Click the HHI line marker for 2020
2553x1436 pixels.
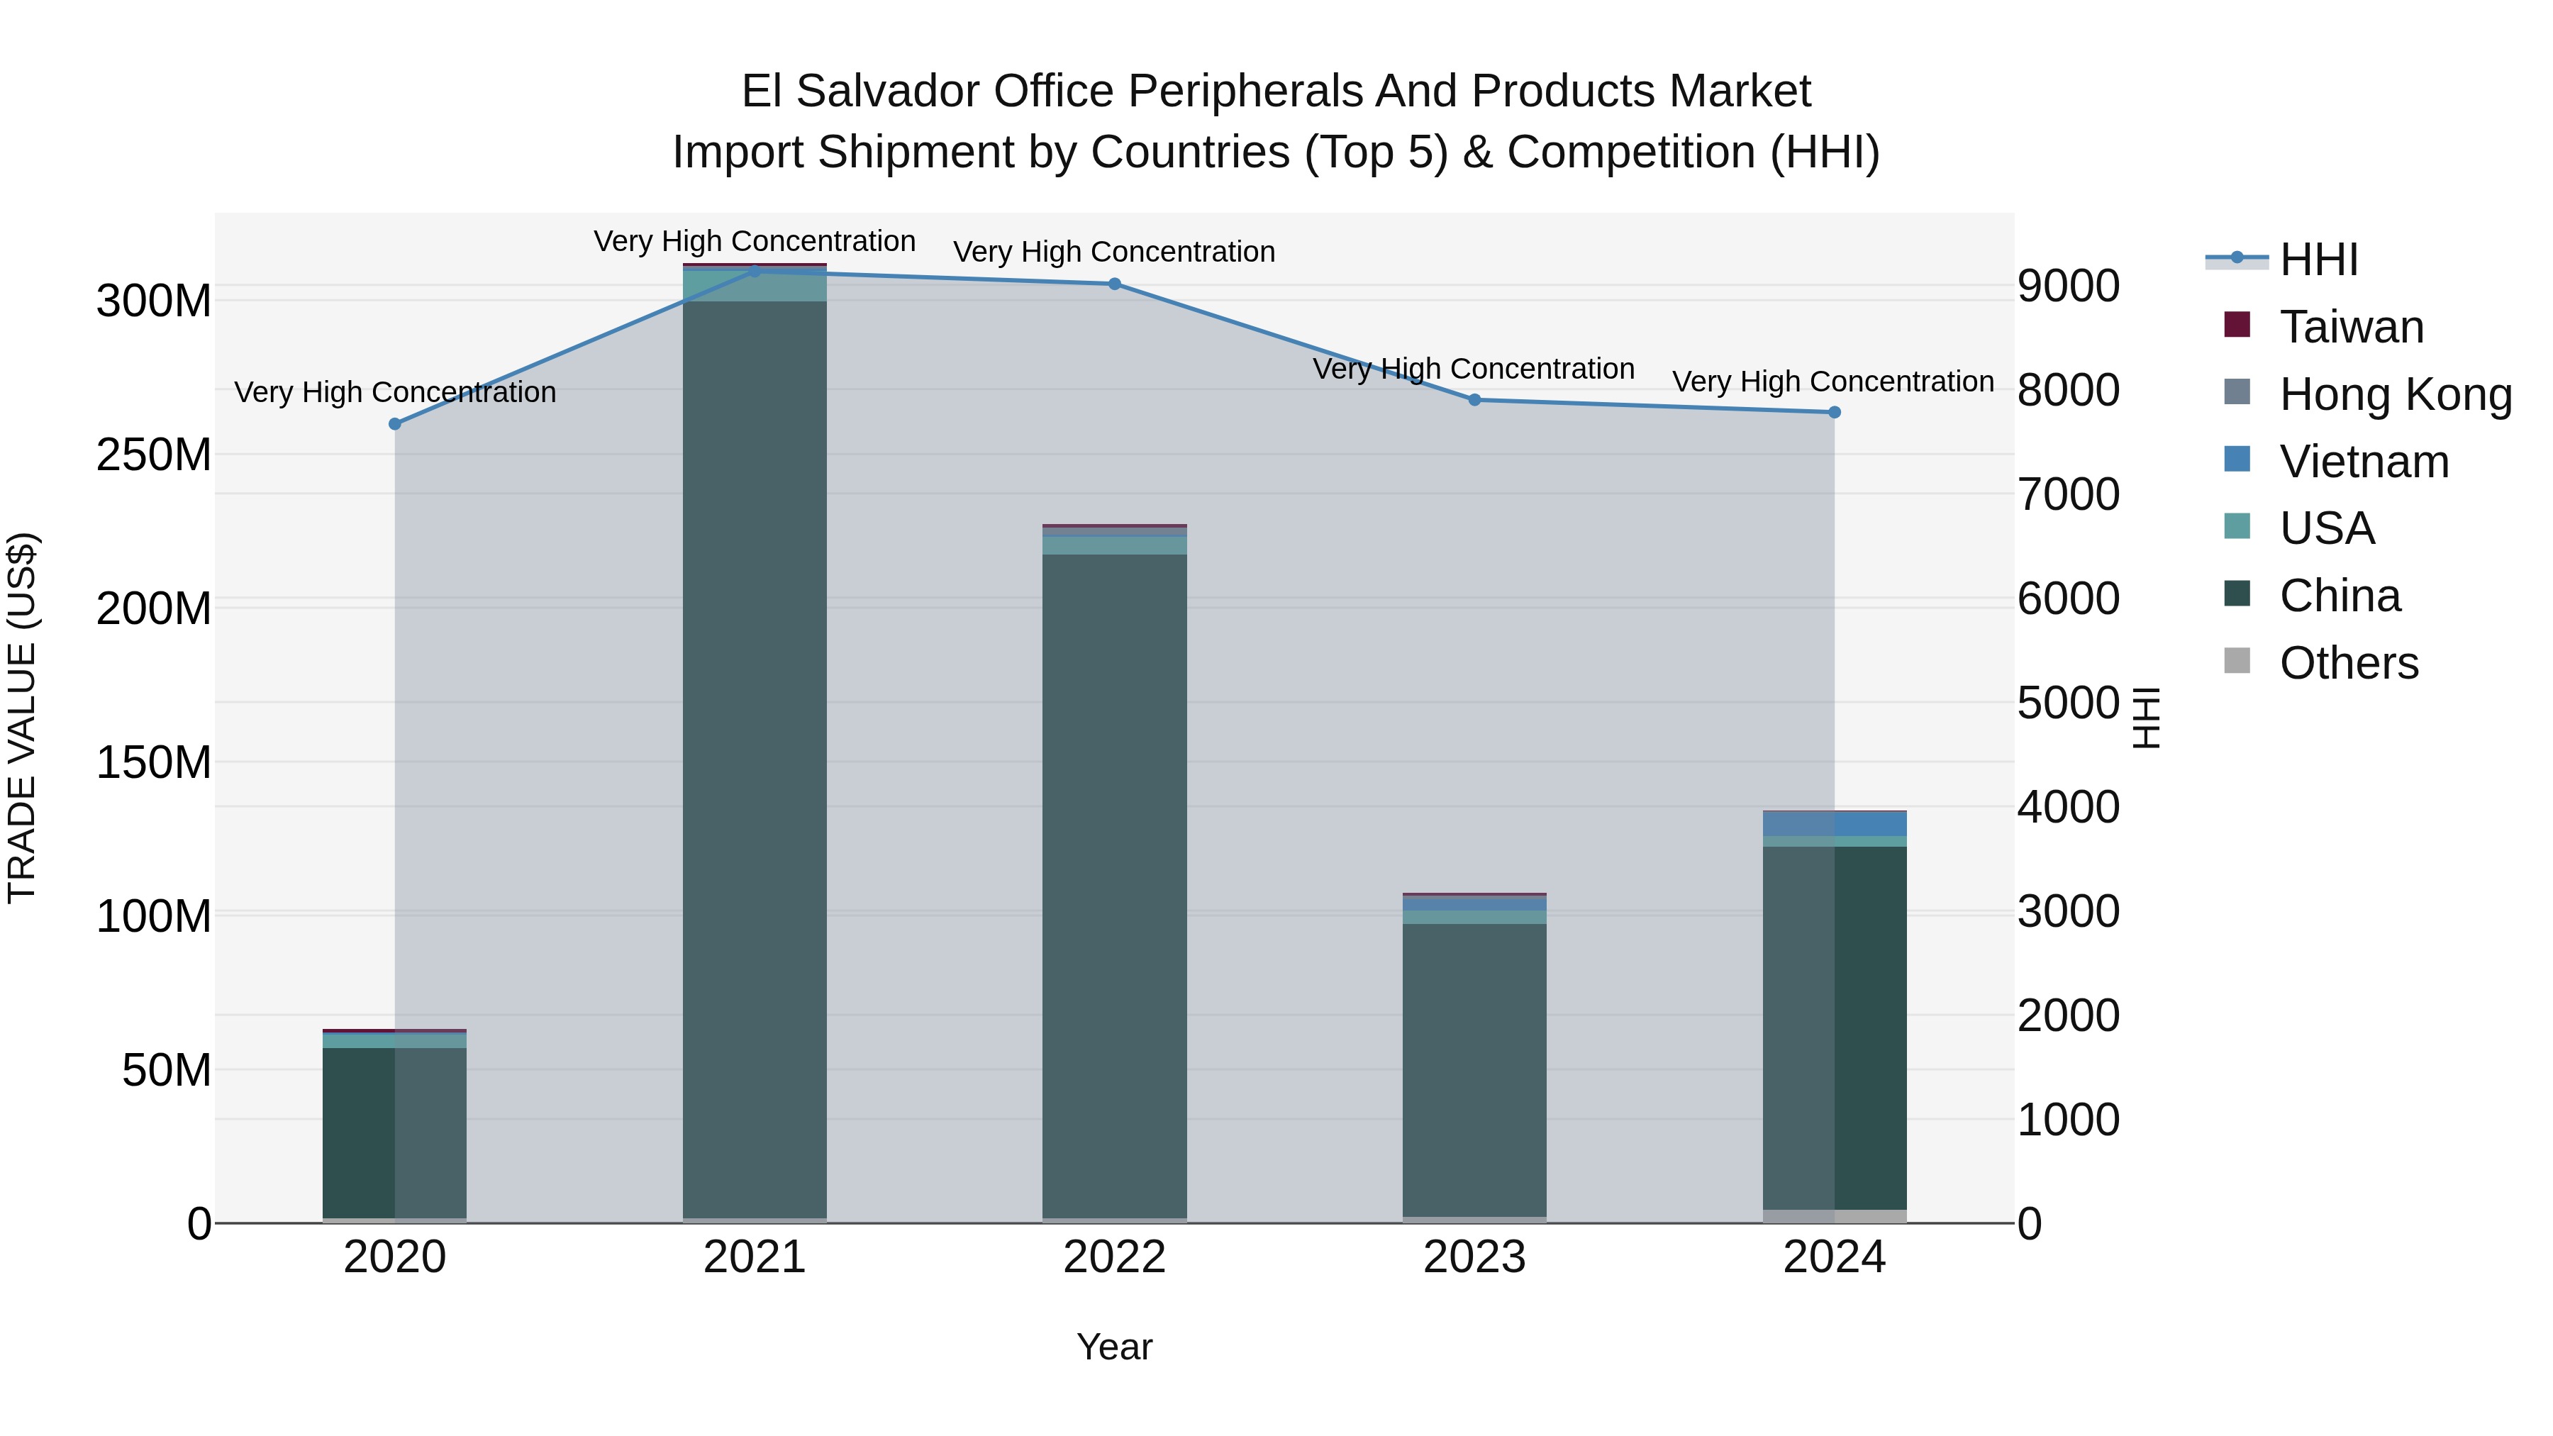point(394,424)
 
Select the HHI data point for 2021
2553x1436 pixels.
point(755,271)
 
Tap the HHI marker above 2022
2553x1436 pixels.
point(1114,284)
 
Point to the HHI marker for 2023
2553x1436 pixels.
point(1474,401)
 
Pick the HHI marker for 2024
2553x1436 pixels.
point(1833,412)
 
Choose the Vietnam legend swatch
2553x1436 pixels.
point(2237,460)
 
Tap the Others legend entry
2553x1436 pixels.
point(2348,663)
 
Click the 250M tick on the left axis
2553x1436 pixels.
point(154,455)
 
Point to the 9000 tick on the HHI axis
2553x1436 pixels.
point(2069,286)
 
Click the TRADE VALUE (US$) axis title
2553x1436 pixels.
point(22,718)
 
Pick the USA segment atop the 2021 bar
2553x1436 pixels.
point(755,285)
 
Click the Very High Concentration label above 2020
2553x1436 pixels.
point(394,392)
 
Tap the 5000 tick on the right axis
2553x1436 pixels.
point(2069,703)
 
